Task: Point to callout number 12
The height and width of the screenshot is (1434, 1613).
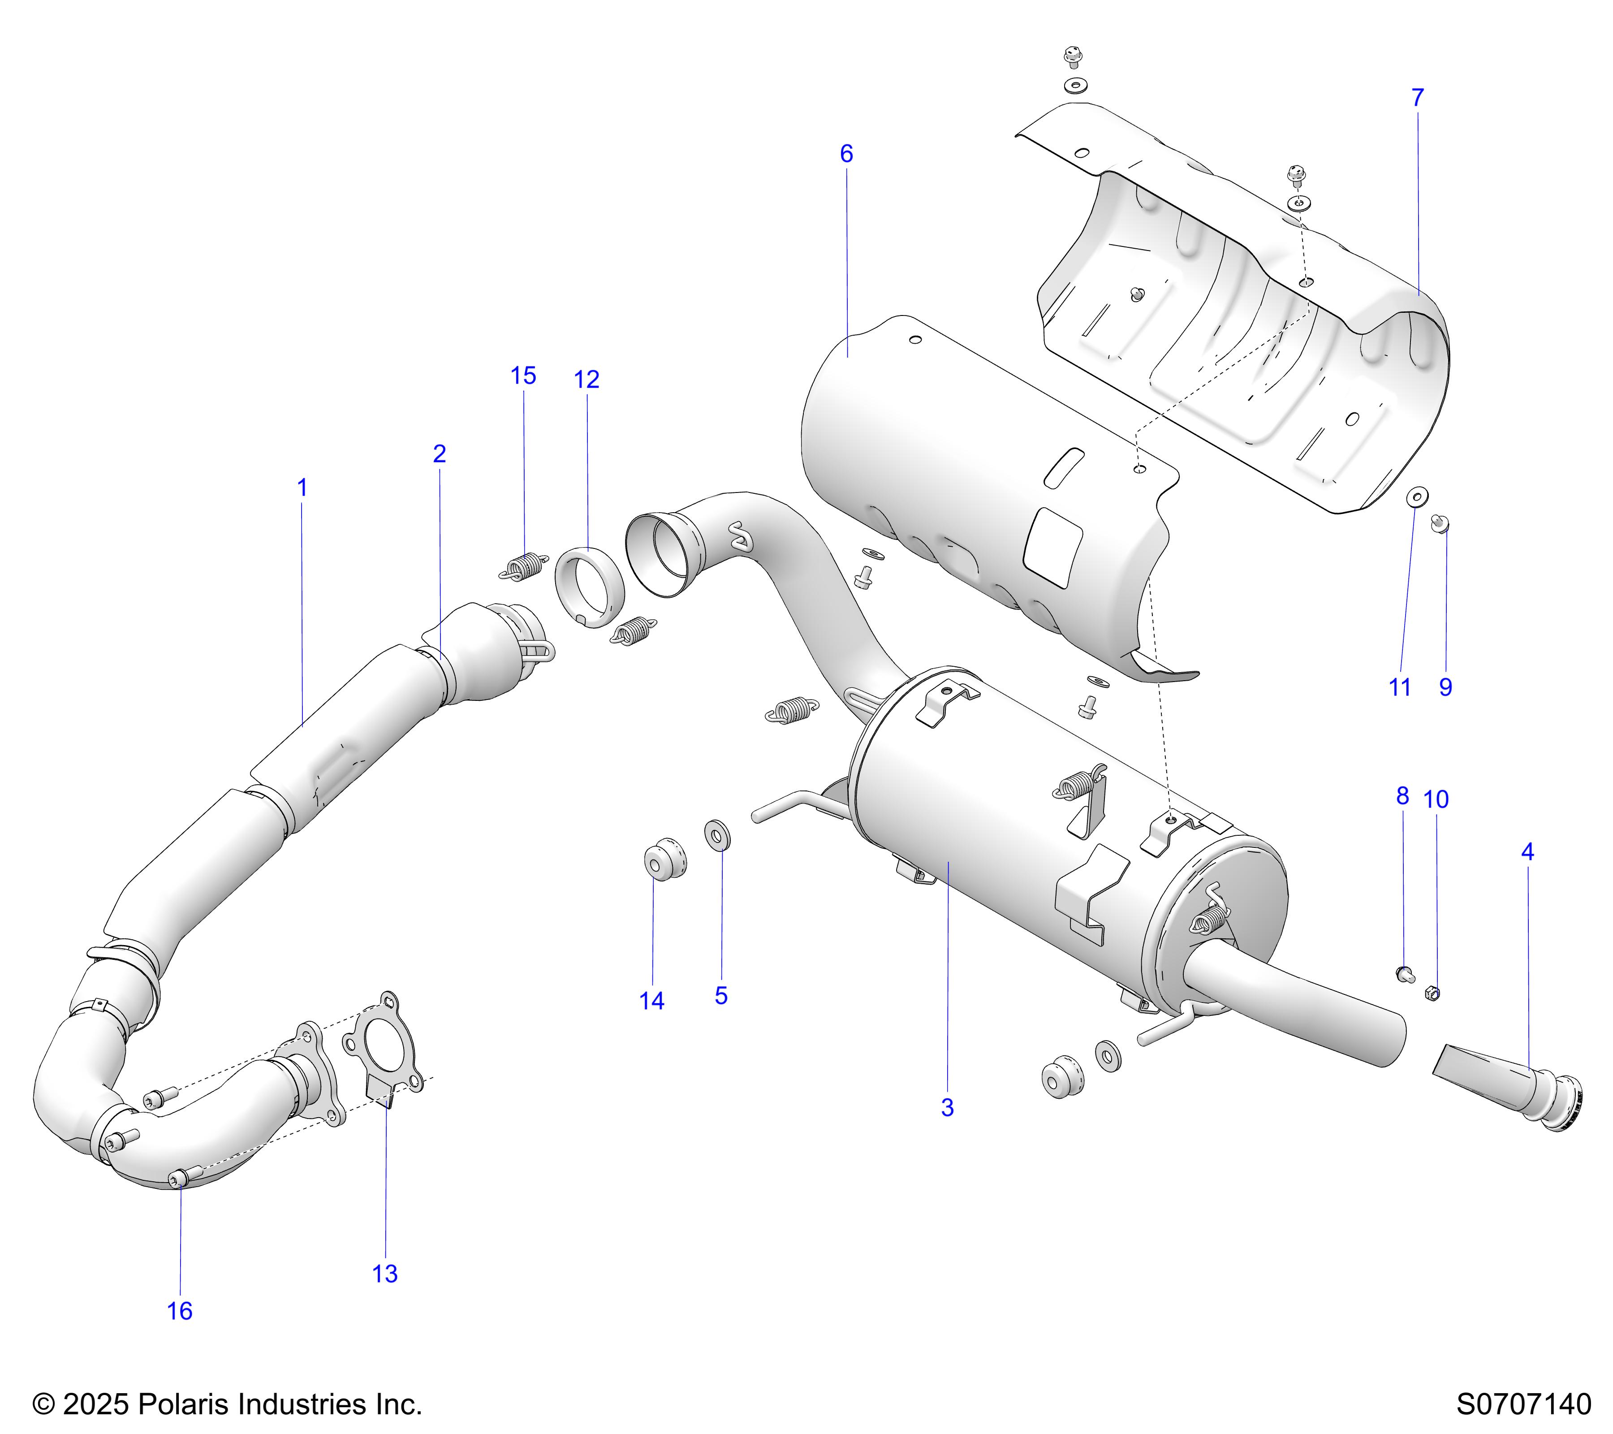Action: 587,380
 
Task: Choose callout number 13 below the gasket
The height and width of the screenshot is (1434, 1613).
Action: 384,1274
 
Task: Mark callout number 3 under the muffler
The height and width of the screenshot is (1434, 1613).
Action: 947,1108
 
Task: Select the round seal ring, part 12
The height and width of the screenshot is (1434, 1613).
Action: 591,586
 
